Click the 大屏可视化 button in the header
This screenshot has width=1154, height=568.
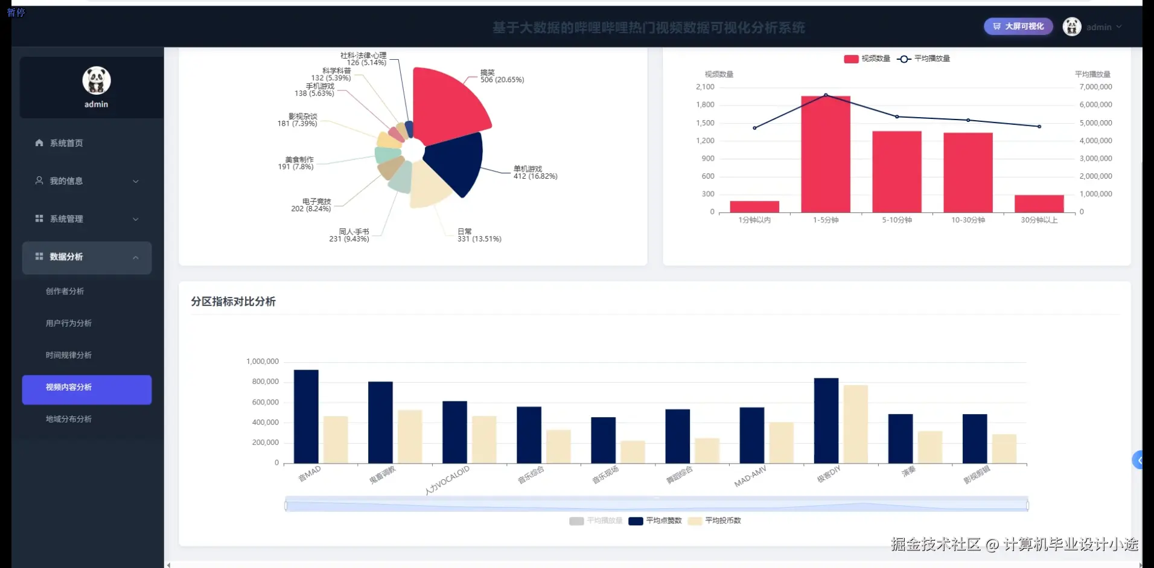pyautogui.click(x=1018, y=27)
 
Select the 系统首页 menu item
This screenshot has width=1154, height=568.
pyautogui.click(x=66, y=143)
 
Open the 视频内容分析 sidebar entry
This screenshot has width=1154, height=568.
pyautogui.click(x=86, y=388)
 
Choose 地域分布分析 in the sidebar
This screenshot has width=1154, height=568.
pyautogui.click(x=69, y=419)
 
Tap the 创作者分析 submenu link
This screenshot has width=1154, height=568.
pyautogui.click(x=65, y=292)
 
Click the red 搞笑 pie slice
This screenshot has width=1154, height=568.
pyautogui.click(x=447, y=106)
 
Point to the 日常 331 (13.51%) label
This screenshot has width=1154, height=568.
pyautogui.click(x=479, y=235)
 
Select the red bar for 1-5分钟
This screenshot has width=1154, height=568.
pyautogui.click(x=826, y=155)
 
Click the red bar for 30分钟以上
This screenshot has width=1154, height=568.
pyautogui.click(x=1039, y=203)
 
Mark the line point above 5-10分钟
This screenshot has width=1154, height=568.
pyautogui.click(x=897, y=116)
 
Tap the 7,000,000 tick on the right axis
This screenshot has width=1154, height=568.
pyautogui.click(x=1095, y=87)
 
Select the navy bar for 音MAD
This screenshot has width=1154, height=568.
pyautogui.click(x=306, y=416)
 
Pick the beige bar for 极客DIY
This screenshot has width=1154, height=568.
pyautogui.click(x=855, y=424)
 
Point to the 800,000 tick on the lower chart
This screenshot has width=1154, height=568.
pyautogui.click(x=265, y=381)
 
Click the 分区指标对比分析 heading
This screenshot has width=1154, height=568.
pyautogui.click(x=234, y=301)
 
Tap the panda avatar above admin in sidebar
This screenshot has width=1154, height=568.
pyautogui.click(x=97, y=81)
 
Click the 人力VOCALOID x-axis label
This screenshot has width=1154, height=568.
pyautogui.click(x=447, y=480)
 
